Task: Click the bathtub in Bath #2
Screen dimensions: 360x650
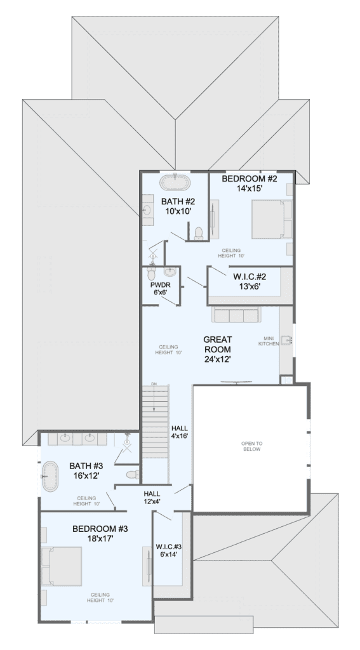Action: click(175, 183)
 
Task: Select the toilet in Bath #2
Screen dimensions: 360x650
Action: click(199, 234)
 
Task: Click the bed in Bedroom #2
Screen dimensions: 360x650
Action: click(272, 219)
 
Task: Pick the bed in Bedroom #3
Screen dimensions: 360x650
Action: click(62, 566)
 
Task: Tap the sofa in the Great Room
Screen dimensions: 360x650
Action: click(236, 315)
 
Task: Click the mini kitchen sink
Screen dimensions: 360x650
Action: click(286, 341)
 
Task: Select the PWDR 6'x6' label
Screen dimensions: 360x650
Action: click(161, 289)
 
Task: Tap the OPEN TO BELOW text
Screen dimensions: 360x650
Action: click(252, 446)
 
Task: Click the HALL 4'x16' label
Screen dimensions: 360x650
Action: click(180, 432)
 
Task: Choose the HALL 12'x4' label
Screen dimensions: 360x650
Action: click(152, 498)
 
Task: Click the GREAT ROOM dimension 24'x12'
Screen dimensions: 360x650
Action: click(218, 359)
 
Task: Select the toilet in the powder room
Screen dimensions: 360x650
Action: click(151, 273)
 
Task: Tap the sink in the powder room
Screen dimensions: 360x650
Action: click(170, 272)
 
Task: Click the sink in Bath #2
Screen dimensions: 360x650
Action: click(147, 209)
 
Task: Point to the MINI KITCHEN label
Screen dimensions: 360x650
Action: click(269, 341)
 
